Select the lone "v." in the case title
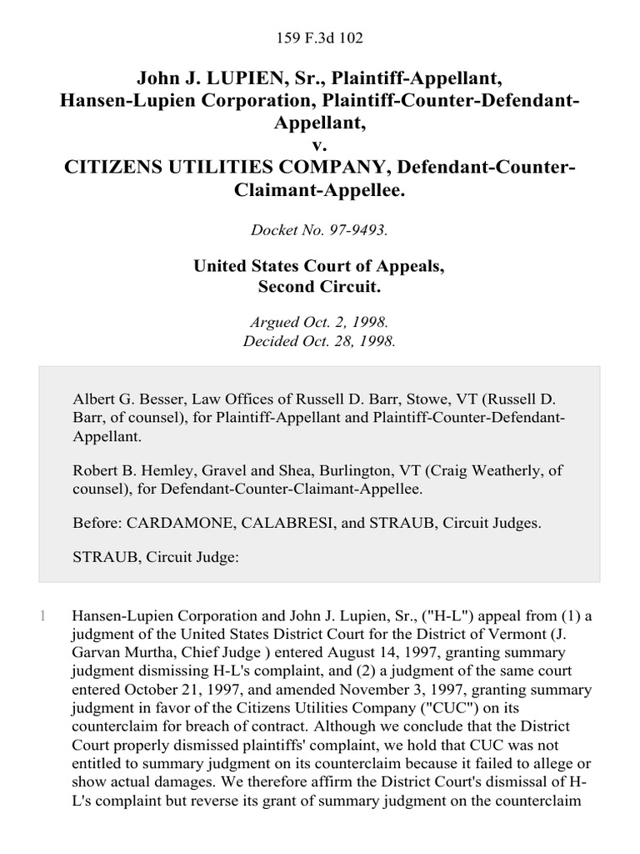(320, 143)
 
